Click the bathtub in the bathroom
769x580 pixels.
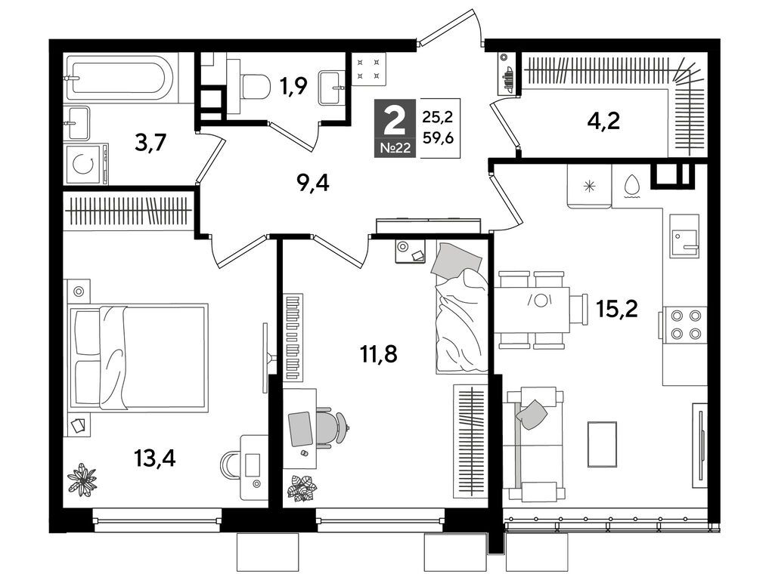coord(119,77)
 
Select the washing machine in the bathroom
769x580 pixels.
coord(86,164)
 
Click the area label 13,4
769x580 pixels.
coord(154,459)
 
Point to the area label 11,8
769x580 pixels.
coord(378,353)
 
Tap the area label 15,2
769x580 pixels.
coord(616,309)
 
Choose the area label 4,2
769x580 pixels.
coord(603,121)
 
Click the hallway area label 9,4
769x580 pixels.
coord(312,184)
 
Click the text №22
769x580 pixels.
coord(395,148)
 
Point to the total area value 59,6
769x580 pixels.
coord(438,138)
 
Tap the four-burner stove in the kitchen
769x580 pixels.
coord(685,324)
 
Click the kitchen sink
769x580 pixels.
coord(684,236)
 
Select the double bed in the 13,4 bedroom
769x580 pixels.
coord(138,356)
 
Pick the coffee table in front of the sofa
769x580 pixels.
coord(602,444)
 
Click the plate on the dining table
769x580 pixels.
coord(540,300)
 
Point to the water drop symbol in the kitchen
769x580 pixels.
coord(632,186)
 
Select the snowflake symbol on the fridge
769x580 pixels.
coord(589,187)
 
